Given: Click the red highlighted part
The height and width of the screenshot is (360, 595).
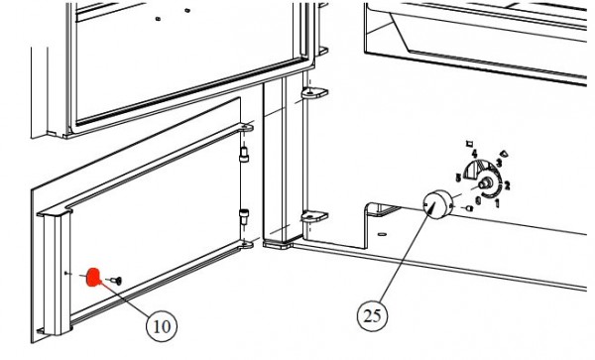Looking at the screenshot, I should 92,277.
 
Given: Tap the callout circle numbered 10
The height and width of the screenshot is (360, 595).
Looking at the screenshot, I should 161,323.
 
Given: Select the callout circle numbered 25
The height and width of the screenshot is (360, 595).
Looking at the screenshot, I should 372,316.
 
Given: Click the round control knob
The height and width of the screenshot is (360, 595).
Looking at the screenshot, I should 434,205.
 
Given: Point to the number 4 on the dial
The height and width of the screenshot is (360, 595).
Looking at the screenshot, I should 475,153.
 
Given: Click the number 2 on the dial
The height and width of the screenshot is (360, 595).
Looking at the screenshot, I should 507,184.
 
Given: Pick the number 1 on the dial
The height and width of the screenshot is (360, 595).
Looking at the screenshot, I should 497,203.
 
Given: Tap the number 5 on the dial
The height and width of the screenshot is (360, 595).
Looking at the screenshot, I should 457,176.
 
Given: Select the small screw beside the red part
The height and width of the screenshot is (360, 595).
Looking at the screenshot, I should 115,281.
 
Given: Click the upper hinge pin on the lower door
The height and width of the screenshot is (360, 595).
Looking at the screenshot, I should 244,154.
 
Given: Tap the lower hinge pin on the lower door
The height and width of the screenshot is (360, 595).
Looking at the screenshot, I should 244,215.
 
